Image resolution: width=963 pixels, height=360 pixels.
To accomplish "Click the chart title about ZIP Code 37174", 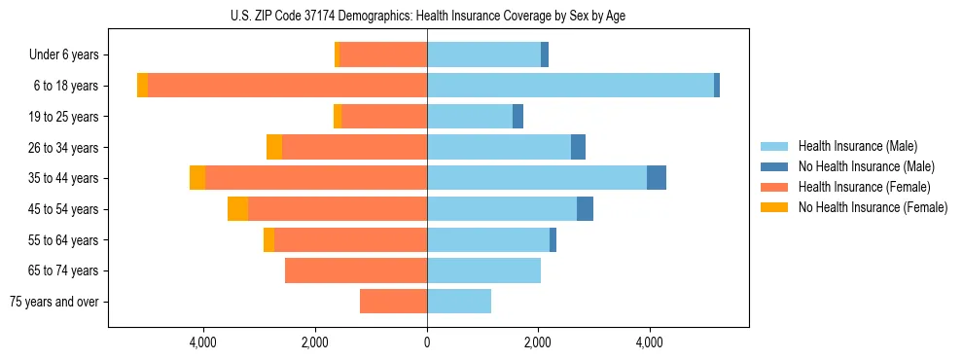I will (x=428, y=15).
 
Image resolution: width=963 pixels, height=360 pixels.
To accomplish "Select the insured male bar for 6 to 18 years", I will (x=570, y=86).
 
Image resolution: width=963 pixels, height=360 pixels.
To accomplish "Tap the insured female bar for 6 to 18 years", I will (x=287, y=86).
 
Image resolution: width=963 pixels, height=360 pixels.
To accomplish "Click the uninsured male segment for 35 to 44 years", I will (x=657, y=178).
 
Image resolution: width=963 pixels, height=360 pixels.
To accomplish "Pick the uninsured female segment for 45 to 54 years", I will (x=237, y=209).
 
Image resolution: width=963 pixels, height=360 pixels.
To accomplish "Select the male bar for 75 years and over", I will (x=459, y=302).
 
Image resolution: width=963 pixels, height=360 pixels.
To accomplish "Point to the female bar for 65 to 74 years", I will (x=356, y=270).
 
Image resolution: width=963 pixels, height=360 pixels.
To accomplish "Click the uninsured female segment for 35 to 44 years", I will (x=197, y=178).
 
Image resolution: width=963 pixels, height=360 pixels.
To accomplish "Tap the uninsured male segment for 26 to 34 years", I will (x=578, y=147).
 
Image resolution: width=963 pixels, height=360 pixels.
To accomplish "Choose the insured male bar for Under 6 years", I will (x=483, y=54).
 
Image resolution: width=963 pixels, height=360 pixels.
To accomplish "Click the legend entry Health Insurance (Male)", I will (x=857, y=146).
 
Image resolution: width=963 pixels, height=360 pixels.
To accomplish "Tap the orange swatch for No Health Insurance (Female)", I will (x=775, y=207).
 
